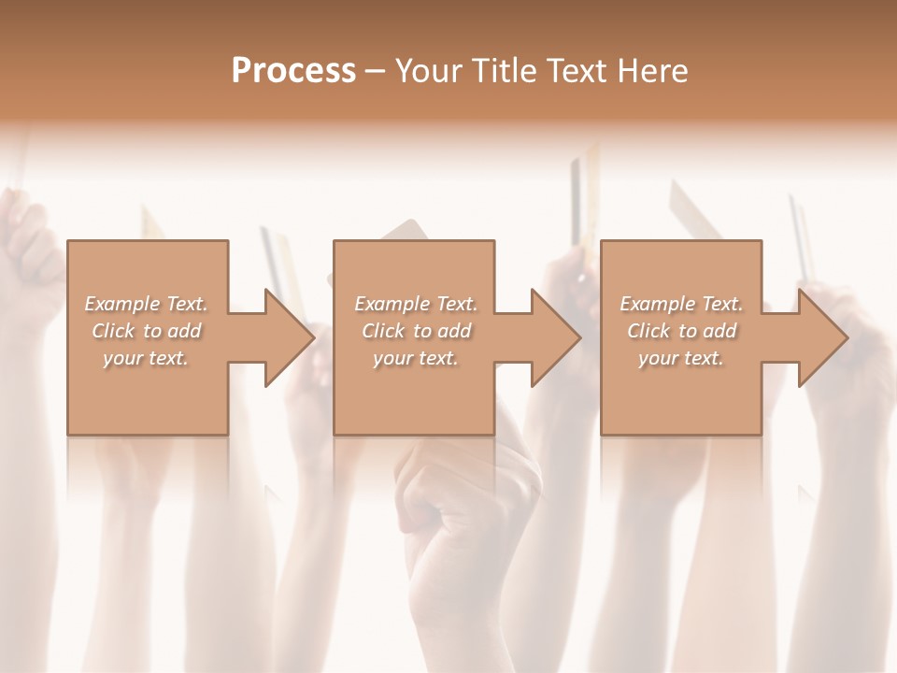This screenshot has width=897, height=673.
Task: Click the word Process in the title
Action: [x=293, y=71]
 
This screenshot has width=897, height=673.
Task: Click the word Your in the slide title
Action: [x=428, y=71]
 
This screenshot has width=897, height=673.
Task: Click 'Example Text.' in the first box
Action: [x=146, y=304]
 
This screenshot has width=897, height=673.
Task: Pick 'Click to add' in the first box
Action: [x=146, y=331]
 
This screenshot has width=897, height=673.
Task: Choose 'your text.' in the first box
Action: [x=146, y=358]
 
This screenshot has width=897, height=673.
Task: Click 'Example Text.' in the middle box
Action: [x=416, y=304]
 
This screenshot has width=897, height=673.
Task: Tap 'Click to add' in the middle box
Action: [x=416, y=331]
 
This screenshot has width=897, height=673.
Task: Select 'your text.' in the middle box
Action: [x=416, y=358]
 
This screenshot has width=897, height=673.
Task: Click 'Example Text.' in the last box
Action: [x=681, y=304]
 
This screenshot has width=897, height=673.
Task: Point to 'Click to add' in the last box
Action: [x=681, y=331]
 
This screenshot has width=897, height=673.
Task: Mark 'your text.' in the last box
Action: [x=681, y=358]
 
